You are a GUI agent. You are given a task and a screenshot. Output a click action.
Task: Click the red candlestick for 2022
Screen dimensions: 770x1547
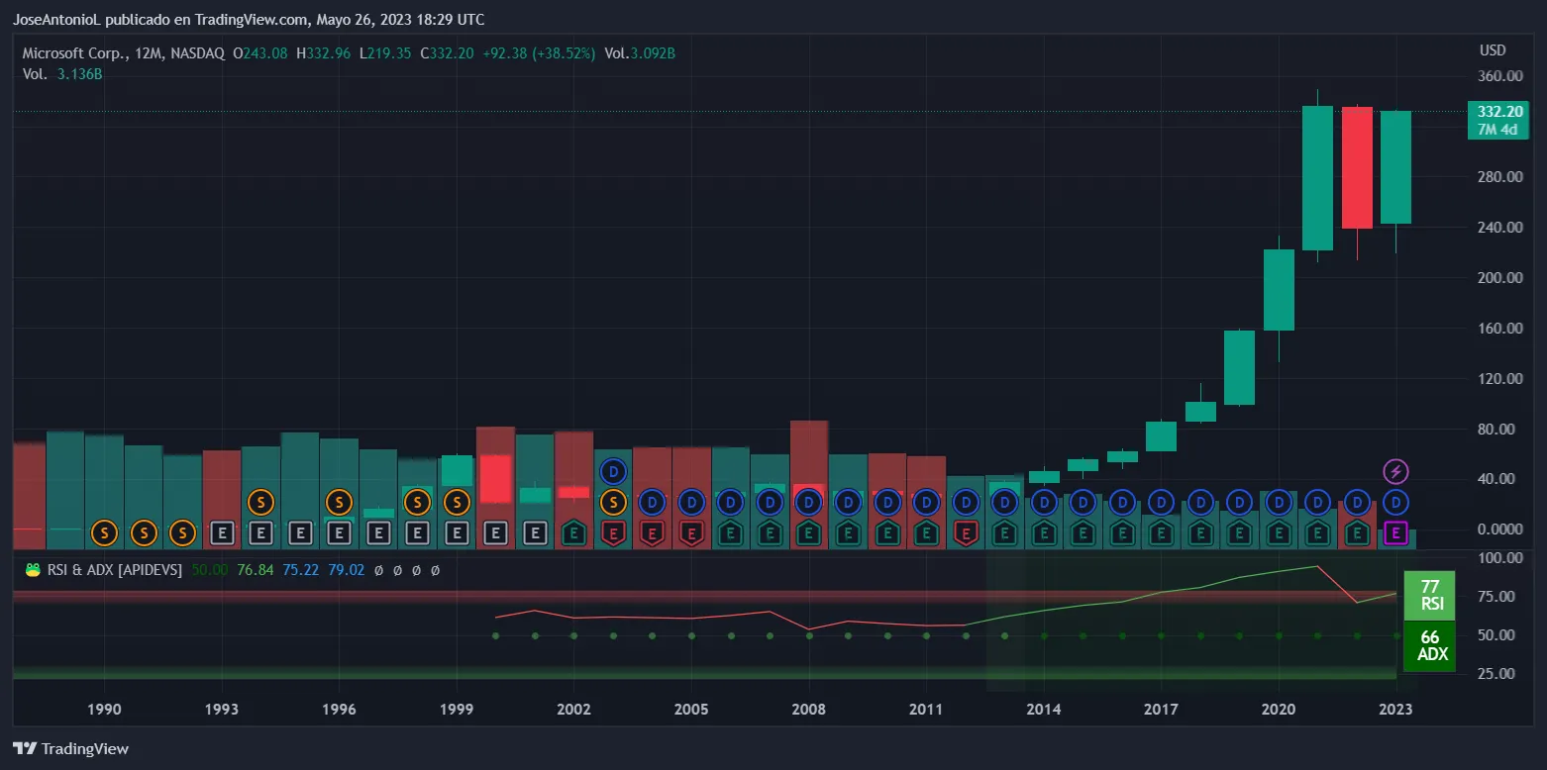pyautogui.click(x=1357, y=167)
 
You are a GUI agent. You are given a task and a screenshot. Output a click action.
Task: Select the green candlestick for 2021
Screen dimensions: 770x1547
pyautogui.click(x=1317, y=178)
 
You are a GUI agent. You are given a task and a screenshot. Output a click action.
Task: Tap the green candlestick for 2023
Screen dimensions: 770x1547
pyautogui.click(x=1395, y=167)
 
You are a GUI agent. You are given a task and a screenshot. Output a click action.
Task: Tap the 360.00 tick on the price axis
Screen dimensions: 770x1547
pyautogui.click(x=1499, y=76)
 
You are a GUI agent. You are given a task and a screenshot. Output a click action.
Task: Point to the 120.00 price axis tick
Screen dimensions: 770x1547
pyautogui.click(x=1499, y=379)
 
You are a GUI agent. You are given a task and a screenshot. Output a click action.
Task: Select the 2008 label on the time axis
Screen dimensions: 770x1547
pyautogui.click(x=809, y=710)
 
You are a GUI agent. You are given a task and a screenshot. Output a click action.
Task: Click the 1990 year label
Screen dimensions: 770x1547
pyautogui.click(x=104, y=710)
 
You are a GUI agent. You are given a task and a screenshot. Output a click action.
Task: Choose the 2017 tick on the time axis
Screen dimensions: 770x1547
pyautogui.click(x=1161, y=710)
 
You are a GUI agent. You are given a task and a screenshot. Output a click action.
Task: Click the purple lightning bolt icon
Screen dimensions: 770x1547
pyautogui.click(x=1395, y=471)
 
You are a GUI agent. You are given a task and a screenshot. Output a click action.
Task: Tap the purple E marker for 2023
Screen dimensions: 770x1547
pyautogui.click(x=1395, y=534)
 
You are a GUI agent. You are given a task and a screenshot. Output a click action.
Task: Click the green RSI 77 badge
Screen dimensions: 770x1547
pyautogui.click(x=1430, y=595)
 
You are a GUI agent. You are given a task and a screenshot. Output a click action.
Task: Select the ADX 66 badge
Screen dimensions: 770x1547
pyautogui.click(x=1430, y=646)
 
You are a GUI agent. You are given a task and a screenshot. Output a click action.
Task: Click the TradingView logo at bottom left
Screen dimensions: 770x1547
pyautogui.click(x=71, y=749)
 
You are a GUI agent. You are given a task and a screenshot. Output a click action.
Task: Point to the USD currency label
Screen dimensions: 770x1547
pyautogui.click(x=1492, y=50)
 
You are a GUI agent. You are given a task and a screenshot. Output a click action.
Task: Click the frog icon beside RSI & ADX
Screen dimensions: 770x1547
pyautogui.click(x=33, y=570)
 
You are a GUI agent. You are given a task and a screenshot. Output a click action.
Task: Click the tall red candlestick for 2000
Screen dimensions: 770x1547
pyautogui.click(x=495, y=478)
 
